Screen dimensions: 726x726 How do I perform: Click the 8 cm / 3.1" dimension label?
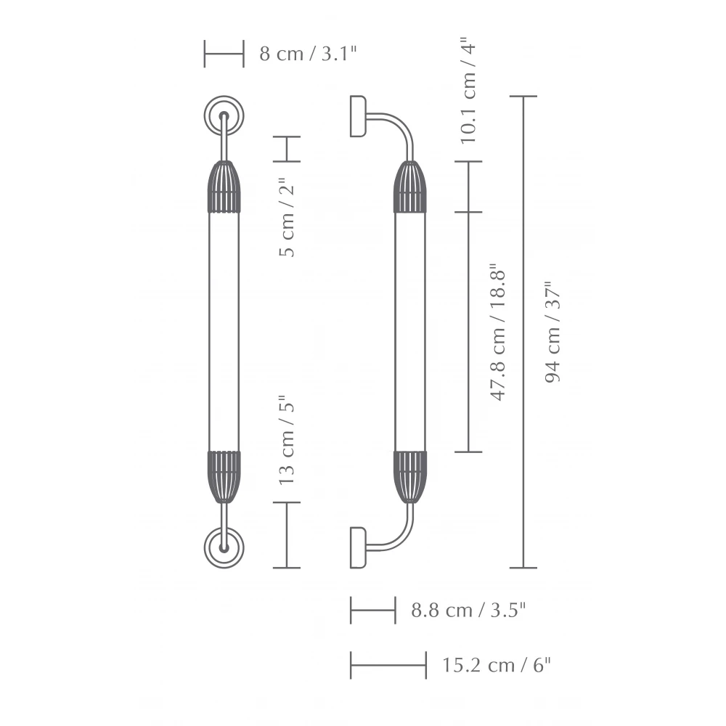pos(308,54)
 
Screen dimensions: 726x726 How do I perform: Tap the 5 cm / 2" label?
pos(287,218)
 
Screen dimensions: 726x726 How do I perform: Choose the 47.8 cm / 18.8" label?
pos(498,332)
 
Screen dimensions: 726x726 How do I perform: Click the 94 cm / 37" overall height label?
pos(553,332)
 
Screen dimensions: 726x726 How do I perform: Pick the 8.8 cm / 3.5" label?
pos(468,610)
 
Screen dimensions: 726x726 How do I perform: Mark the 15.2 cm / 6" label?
pos(497,665)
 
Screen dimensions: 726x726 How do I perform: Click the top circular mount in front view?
pos(224,115)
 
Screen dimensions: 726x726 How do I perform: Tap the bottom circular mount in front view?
pos(224,548)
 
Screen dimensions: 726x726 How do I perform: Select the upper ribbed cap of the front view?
pos(224,187)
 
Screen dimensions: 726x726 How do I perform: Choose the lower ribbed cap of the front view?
pos(224,476)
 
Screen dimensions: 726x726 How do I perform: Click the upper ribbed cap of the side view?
pos(409,187)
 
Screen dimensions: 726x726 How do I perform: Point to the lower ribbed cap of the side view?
pos(409,476)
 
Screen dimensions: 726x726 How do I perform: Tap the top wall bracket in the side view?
pos(358,115)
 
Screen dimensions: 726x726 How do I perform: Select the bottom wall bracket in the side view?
pos(358,547)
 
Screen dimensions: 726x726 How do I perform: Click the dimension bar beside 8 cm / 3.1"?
pos(224,54)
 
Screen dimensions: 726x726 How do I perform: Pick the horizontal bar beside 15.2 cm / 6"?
pos(388,665)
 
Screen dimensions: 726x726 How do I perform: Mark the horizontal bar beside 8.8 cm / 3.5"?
pos(372,610)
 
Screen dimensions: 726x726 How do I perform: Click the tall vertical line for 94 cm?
pos(523,332)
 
